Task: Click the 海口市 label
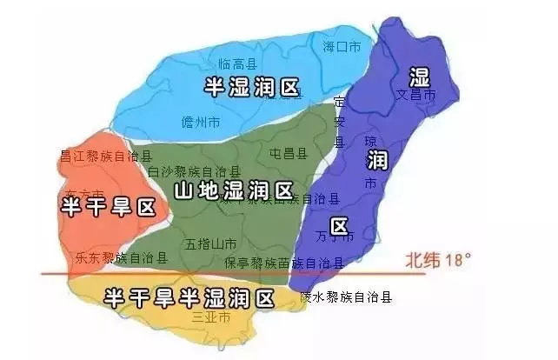point(341,46)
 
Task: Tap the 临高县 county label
point(236,63)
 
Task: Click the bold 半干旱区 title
point(107,207)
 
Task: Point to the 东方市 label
point(84,192)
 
